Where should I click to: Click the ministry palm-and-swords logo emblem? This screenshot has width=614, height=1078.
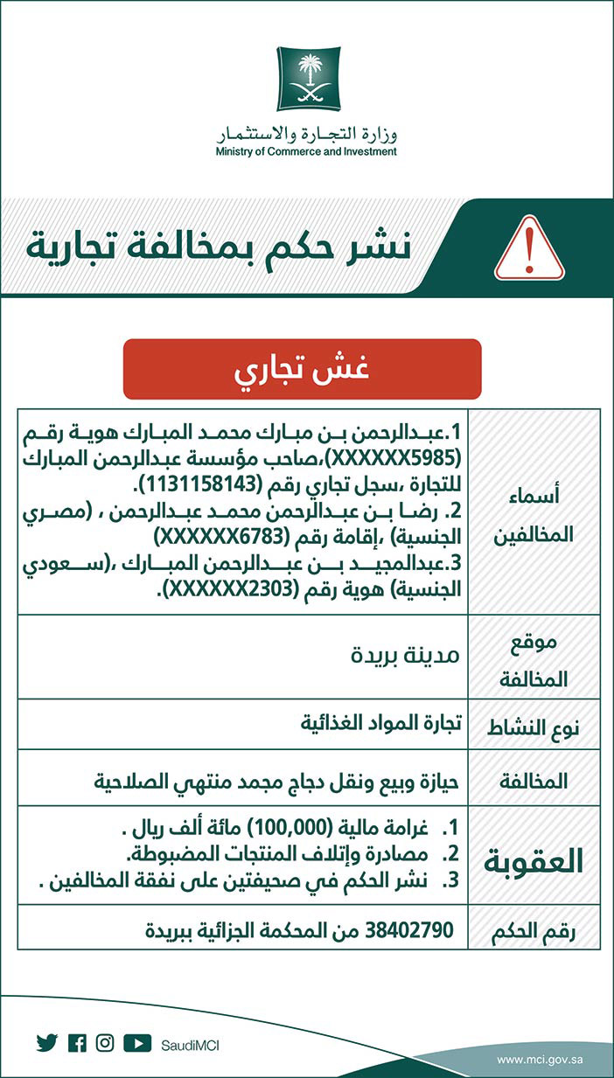point(307,79)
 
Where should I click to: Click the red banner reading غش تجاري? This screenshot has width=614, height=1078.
point(302,369)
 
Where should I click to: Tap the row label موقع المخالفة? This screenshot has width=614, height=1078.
point(534,656)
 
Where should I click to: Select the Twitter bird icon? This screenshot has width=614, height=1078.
point(46,1043)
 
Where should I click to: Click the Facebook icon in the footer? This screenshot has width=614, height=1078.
point(77,1043)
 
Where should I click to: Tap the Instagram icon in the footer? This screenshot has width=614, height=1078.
point(106,1043)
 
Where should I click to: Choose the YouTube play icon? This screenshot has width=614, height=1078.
point(137,1043)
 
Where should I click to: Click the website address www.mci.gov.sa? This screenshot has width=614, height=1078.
point(540,1060)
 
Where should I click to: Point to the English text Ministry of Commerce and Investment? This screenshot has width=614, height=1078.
point(306,151)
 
